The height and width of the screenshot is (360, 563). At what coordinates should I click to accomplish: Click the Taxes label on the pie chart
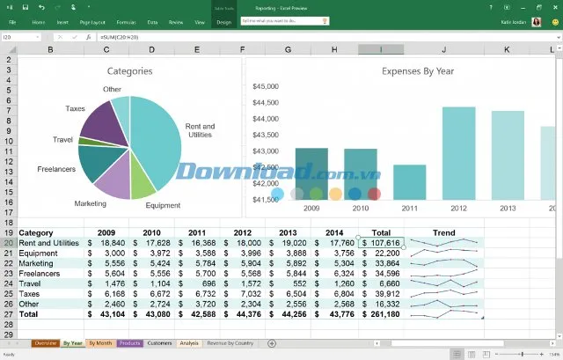tap(75, 108)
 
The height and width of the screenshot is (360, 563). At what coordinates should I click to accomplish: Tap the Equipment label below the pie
tap(163, 206)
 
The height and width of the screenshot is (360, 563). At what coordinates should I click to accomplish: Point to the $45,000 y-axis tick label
tap(266, 86)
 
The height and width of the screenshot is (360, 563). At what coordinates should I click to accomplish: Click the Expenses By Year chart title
tap(418, 70)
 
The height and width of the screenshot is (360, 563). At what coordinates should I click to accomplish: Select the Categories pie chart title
tap(129, 70)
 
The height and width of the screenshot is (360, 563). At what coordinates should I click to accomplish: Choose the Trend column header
tap(444, 233)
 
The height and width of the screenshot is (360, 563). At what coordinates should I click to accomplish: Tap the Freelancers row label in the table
tap(40, 273)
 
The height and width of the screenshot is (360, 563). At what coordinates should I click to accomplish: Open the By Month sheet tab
tap(100, 342)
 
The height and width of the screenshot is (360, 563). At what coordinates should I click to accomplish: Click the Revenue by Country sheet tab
tap(230, 342)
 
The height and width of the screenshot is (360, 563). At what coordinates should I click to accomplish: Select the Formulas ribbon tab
tap(126, 21)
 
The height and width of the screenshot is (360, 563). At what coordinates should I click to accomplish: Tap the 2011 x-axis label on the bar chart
tap(409, 208)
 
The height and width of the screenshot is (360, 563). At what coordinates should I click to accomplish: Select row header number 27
tap(8, 312)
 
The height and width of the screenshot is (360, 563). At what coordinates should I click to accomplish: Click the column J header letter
tap(443, 48)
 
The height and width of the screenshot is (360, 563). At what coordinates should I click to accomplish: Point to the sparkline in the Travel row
tap(444, 283)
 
